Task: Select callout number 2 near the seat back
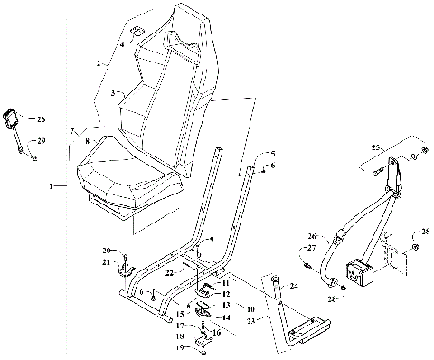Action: (99, 63)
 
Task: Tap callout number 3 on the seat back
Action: (113, 93)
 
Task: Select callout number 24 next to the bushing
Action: (293, 287)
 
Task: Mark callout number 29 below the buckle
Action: (41, 140)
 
